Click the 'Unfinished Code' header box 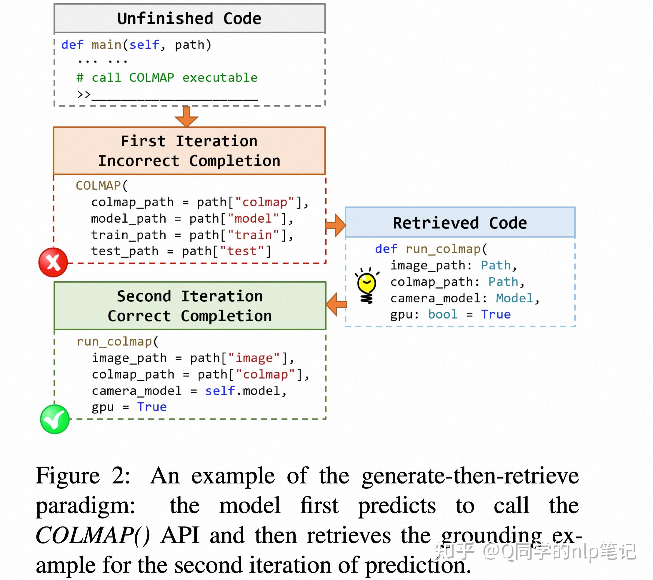coord(189,18)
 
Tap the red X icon coord(53,262)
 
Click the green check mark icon coord(55,419)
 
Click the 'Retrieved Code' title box coord(460,222)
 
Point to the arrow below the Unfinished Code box coord(186,116)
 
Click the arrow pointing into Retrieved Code coord(335,225)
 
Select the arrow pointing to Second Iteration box coord(337,304)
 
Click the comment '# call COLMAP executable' coord(167,78)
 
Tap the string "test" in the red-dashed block coord(242,251)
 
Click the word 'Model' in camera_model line coord(514,298)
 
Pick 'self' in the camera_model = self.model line coord(220,391)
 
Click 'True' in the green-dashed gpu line coord(152,407)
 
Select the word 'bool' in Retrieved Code coord(442,314)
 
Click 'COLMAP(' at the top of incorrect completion coord(101,186)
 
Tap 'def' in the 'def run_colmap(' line coord(386,249)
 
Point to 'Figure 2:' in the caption coord(83,476)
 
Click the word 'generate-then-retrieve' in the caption coord(470,476)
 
